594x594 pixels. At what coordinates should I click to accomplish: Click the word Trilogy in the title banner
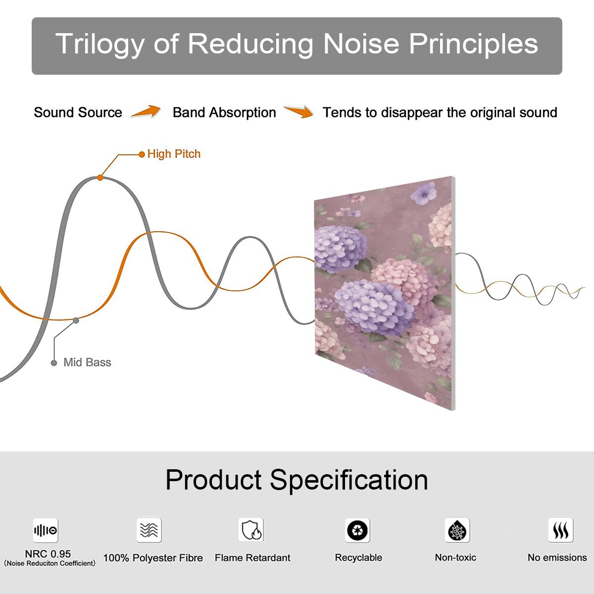click(x=100, y=45)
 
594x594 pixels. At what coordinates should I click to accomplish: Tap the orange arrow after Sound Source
click(x=146, y=111)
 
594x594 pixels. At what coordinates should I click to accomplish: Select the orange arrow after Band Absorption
click(x=298, y=111)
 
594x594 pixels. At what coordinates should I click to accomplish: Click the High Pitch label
click(x=174, y=154)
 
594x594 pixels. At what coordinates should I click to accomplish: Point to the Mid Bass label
click(x=87, y=362)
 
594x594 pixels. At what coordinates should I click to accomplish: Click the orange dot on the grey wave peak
click(x=100, y=178)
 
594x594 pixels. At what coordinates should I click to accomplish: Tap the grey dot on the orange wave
click(x=76, y=321)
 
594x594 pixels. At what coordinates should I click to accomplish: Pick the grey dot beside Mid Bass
click(x=54, y=363)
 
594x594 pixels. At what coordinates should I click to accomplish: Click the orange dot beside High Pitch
click(x=142, y=154)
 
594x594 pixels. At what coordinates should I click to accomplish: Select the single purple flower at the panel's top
click(x=424, y=193)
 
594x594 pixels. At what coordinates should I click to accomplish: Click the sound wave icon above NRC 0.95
click(x=46, y=530)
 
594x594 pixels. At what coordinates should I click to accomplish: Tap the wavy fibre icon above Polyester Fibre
click(x=149, y=530)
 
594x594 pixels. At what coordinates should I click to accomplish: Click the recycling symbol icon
click(x=357, y=530)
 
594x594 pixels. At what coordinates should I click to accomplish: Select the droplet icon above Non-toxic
click(x=457, y=530)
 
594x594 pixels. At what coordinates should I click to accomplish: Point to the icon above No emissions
click(x=561, y=530)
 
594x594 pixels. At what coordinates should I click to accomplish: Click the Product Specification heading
click(x=297, y=480)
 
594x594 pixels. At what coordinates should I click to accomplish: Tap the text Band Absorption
click(x=224, y=112)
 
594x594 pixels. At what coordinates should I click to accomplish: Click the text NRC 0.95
click(x=48, y=554)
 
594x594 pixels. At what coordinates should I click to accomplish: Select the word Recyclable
click(x=358, y=558)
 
